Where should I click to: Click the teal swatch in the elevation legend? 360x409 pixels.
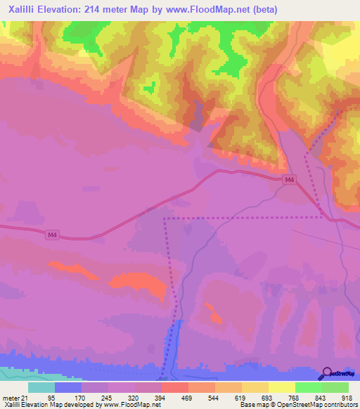click(41, 388)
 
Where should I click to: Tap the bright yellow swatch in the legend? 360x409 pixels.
click(281, 388)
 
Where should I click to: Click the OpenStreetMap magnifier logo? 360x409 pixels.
click(327, 374)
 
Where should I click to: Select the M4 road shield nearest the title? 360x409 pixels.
click(289, 181)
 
